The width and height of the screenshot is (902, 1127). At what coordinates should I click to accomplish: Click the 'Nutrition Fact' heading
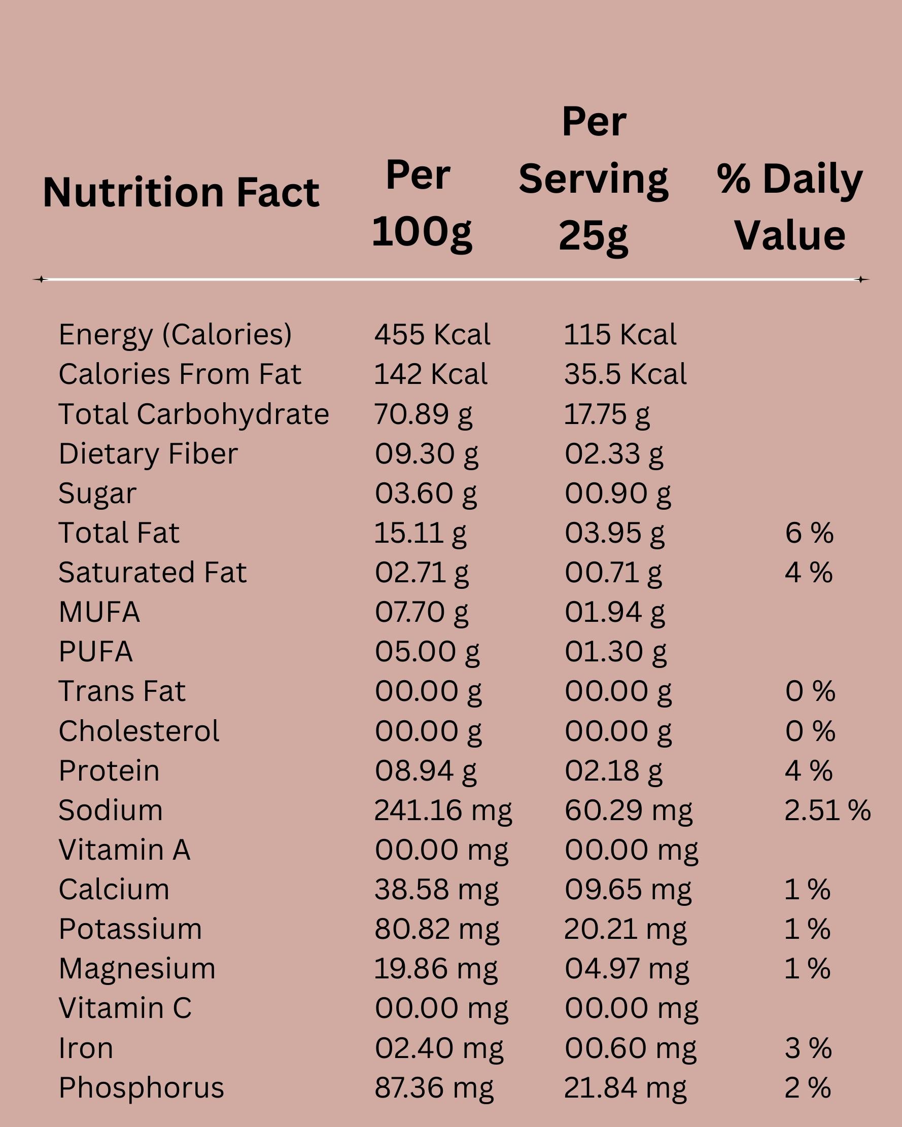181,192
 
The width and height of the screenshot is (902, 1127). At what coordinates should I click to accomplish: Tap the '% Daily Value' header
789,206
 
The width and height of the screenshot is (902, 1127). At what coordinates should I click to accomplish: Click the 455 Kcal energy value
432,335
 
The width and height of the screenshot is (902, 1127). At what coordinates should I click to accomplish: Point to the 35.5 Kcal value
625,374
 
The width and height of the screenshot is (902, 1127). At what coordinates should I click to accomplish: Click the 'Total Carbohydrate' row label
193,414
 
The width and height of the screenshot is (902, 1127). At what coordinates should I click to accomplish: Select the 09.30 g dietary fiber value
426,454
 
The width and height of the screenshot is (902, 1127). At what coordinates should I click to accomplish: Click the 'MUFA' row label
99,612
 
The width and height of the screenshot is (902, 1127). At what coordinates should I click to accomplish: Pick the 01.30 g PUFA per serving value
615,652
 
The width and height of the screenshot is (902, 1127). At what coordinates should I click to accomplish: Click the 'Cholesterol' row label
138,731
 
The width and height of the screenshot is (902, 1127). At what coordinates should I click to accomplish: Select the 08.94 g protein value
426,770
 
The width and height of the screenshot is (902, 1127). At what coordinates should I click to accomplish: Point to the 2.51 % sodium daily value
827,810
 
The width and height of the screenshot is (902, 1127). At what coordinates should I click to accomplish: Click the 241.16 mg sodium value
443,810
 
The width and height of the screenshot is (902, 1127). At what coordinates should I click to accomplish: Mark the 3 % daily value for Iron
808,1048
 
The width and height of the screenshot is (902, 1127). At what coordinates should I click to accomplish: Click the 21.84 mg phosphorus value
625,1088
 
